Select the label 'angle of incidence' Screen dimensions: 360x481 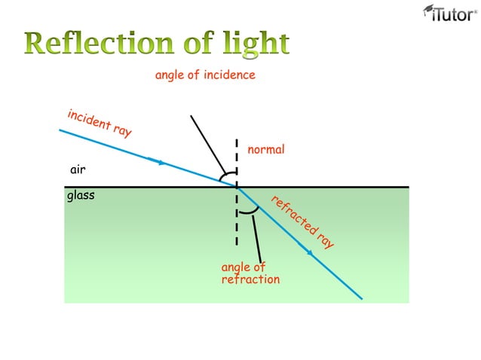click(205, 75)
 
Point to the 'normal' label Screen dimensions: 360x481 click(266, 150)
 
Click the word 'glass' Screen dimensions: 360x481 click(81, 196)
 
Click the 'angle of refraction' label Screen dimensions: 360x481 click(250, 273)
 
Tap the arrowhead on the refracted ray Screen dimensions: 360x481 click(309, 252)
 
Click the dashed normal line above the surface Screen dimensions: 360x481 click(237, 158)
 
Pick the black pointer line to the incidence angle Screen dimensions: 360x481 click(207, 143)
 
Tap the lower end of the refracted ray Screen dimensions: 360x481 click(361, 297)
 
